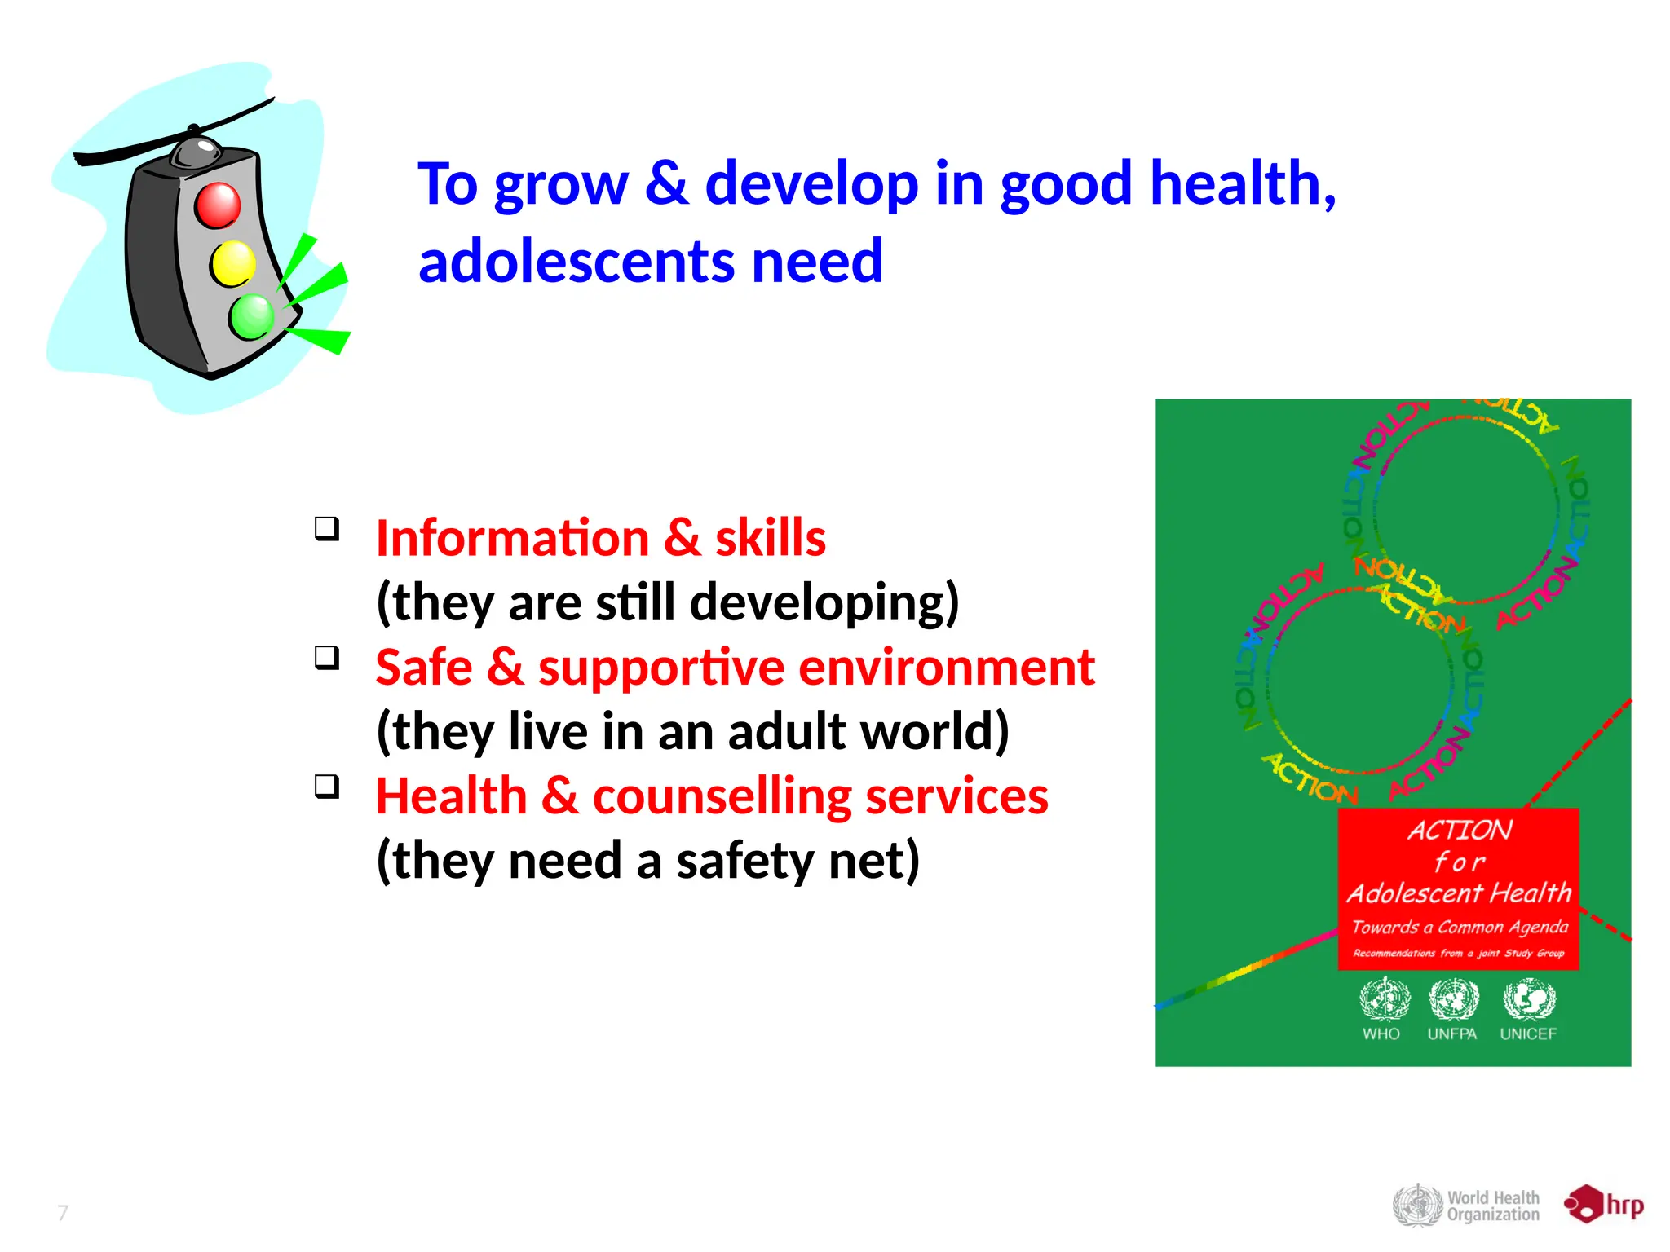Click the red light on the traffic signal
(217, 205)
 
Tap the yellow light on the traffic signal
(232, 264)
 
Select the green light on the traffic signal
(252, 316)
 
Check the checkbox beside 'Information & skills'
(327, 529)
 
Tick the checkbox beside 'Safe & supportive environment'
(327, 658)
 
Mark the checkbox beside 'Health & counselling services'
(327, 787)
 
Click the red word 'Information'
(512, 539)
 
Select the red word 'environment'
(946, 668)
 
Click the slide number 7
(63, 1213)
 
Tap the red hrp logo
(1603, 1205)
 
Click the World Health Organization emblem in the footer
(1417, 1206)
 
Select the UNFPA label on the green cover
(1452, 1034)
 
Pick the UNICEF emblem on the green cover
(1529, 999)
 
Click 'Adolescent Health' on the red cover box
(1459, 893)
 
